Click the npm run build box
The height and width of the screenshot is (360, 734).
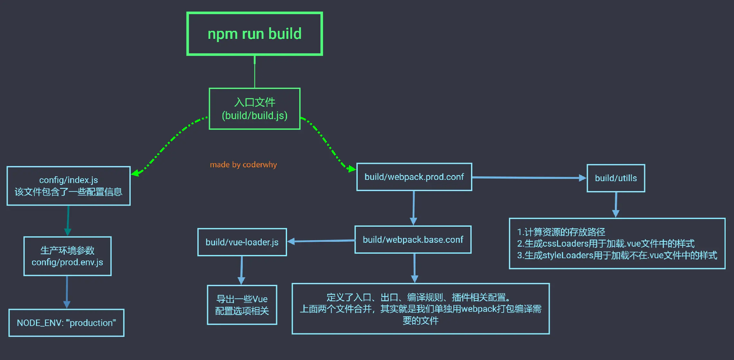click(x=255, y=34)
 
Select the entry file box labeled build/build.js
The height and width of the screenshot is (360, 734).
click(x=255, y=109)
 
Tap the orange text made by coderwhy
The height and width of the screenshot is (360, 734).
click(x=243, y=165)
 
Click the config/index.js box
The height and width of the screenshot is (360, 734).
click(x=68, y=186)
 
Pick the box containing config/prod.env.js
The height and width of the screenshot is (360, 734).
click(x=67, y=256)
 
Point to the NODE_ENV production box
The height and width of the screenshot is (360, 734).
click(x=66, y=323)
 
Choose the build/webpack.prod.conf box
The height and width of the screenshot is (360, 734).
click(x=414, y=177)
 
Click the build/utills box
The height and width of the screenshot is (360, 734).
click(x=616, y=178)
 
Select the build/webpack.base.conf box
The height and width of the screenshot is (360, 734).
click(x=413, y=240)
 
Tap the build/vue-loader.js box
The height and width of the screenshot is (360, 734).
click(x=242, y=242)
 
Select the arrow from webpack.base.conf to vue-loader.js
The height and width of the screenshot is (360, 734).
click(x=321, y=241)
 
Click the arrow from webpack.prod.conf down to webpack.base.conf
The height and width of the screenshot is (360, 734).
click(x=414, y=207)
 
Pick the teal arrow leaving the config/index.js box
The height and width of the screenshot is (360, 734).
click(x=68, y=220)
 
